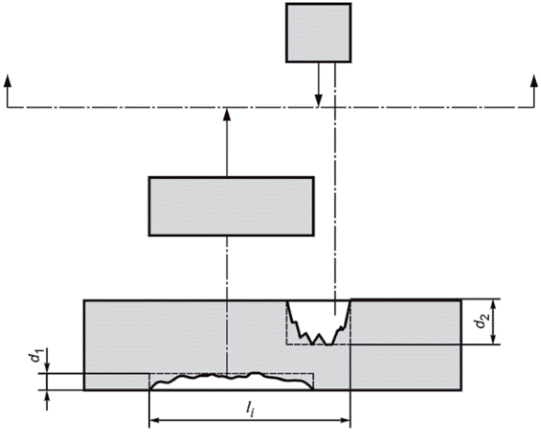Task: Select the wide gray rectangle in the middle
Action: [x=231, y=206]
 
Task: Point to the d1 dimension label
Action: [x=32, y=357]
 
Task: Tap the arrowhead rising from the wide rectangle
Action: [x=227, y=111]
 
